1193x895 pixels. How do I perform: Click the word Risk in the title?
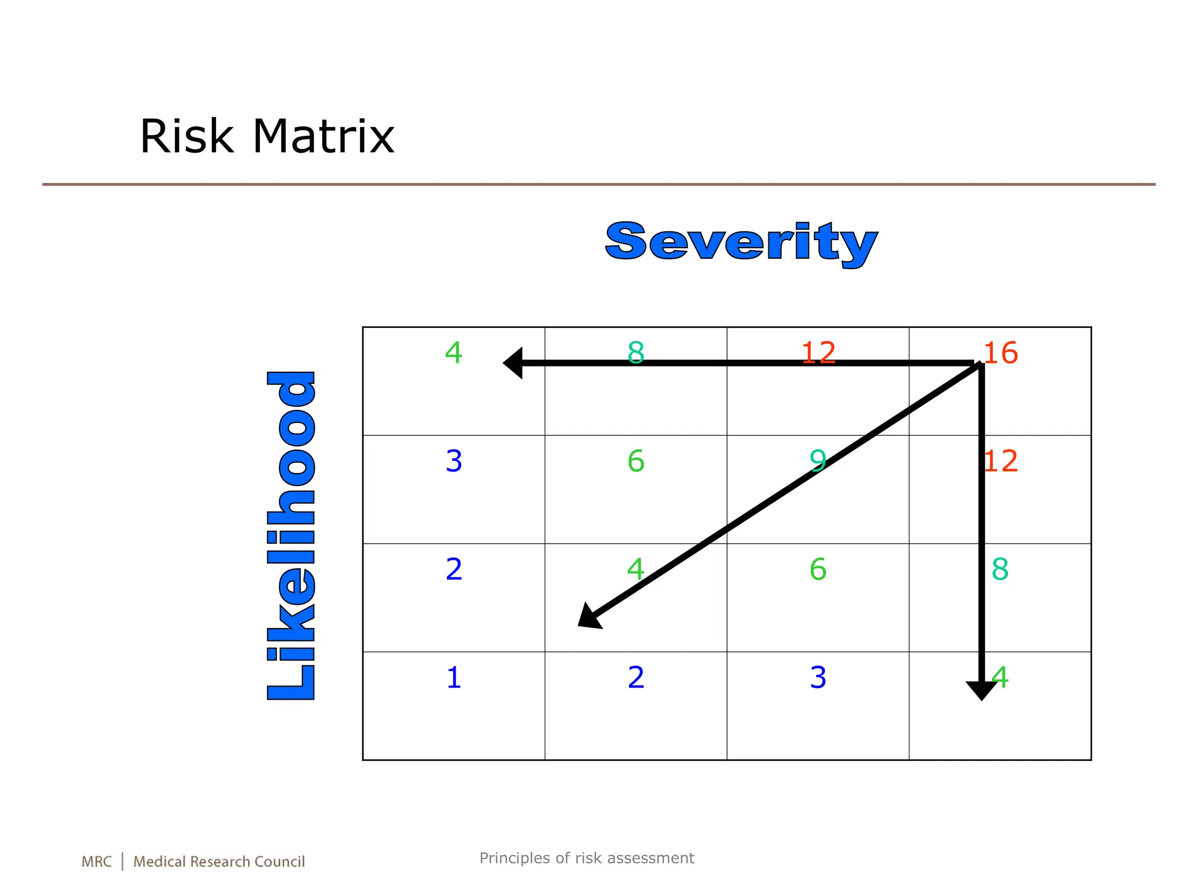point(186,136)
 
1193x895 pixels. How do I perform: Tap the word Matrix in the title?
point(323,136)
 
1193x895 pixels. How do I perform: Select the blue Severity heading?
point(741,242)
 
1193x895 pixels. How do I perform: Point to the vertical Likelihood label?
point(291,535)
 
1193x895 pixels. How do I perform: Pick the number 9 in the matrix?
point(817,461)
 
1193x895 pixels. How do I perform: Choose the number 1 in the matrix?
point(454,678)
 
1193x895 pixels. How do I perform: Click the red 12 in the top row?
point(818,353)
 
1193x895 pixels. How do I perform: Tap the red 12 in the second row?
point(1001,461)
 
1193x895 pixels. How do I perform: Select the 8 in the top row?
point(636,353)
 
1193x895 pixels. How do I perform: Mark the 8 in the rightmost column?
point(1000,569)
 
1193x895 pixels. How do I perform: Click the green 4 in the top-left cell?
point(454,353)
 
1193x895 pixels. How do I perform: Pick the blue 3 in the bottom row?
point(818,678)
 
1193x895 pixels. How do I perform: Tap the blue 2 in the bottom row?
point(636,678)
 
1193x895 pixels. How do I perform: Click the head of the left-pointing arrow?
point(513,363)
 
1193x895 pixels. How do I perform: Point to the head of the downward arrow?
point(982,690)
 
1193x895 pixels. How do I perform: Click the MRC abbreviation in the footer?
point(96,862)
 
